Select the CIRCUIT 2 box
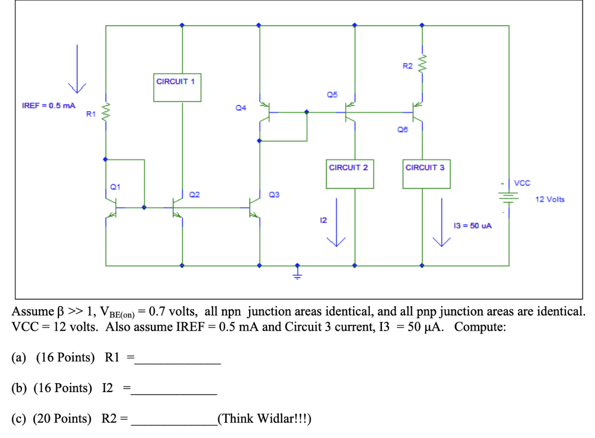click(x=350, y=174)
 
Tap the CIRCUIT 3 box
click(x=426, y=174)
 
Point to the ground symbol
click(x=297, y=274)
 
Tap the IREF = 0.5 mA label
click(x=48, y=105)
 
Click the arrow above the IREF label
click(x=77, y=68)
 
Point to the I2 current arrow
click(x=337, y=222)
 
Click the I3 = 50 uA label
click(x=473, y=226)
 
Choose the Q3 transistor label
click(x=274, y=194)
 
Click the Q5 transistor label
click(x=332, y=94)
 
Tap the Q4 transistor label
click(x=241, y=107)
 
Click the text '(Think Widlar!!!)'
click(x=265, y=419)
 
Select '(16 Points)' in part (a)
click(x=66, y=358)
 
